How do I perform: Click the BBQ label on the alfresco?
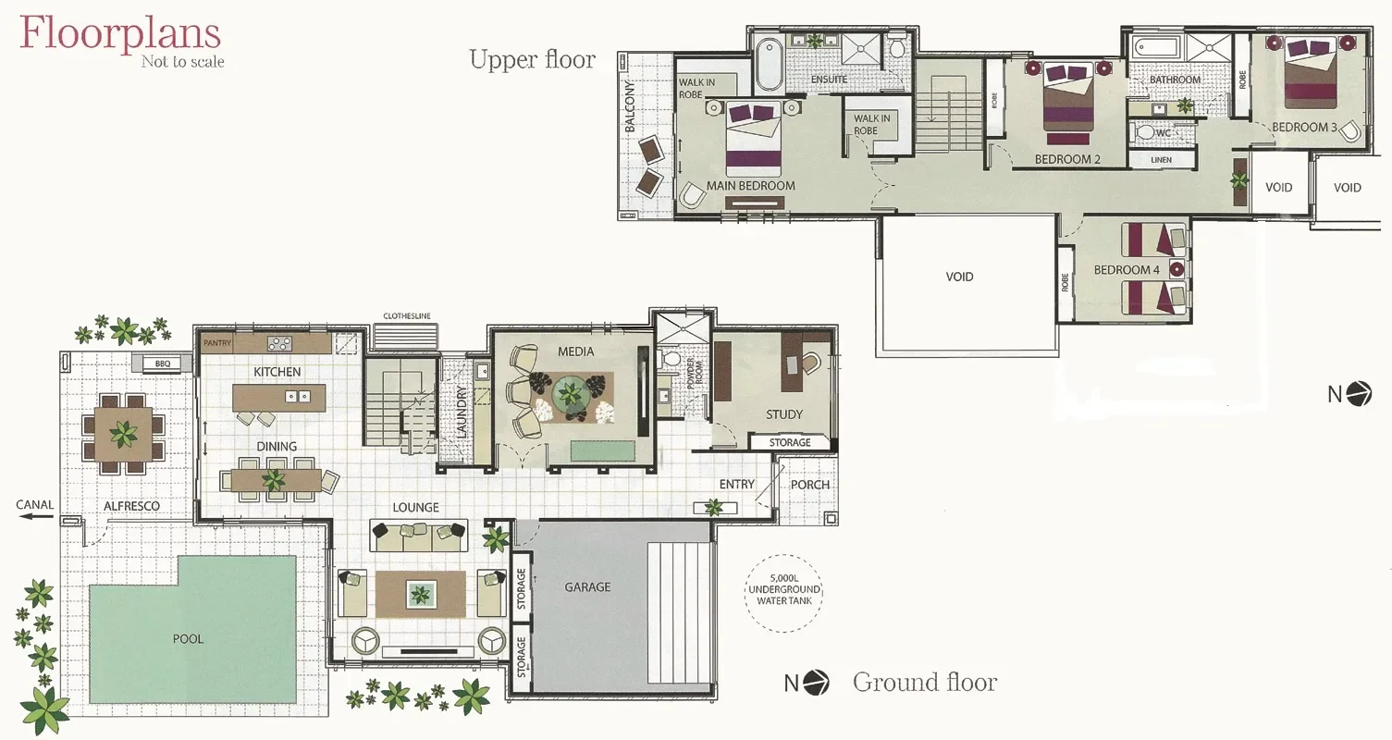pos(163,364)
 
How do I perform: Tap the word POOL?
pos(188,639)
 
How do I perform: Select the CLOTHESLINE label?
pos(407,315)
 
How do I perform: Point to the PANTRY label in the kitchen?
pos(217,343)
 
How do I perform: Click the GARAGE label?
pos(587,587)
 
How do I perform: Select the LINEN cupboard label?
pos(1161,160)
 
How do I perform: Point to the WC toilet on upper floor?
pos(1145,131)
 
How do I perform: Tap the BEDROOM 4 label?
pos(1127,270)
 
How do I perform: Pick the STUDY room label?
pos(784,414)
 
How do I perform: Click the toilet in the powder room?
pos(671,359)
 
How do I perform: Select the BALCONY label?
pos(630,105)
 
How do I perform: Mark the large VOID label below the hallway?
pos(959,277)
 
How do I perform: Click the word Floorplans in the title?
pos(120,33)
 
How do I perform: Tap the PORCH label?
pos(809,485)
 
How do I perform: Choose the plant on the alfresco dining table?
pos(123,433)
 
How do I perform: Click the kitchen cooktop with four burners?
pos(279,343)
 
